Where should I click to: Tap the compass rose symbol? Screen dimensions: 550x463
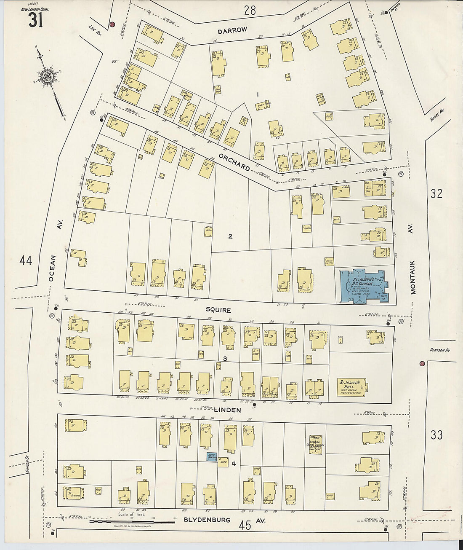47,76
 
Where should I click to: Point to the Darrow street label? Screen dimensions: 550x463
232,31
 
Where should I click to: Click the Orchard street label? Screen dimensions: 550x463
234,162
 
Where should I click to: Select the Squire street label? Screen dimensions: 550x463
218,310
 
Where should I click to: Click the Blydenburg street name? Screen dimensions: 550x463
207,520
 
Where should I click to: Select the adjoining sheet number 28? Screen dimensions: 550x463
250,10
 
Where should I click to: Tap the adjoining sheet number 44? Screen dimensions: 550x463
26,260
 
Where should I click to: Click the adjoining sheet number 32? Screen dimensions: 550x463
436,193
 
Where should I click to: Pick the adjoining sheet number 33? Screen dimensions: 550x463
436,435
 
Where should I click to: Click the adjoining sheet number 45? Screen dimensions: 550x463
245,525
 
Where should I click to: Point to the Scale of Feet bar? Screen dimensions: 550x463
132,522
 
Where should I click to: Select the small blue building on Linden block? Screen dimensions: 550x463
212,456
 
